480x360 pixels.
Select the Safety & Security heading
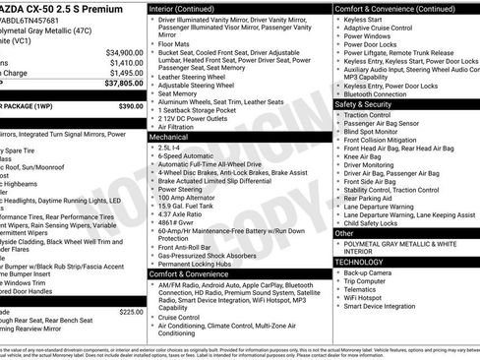(x=363, y=103)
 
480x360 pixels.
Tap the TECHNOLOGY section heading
(x=360, y=262)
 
